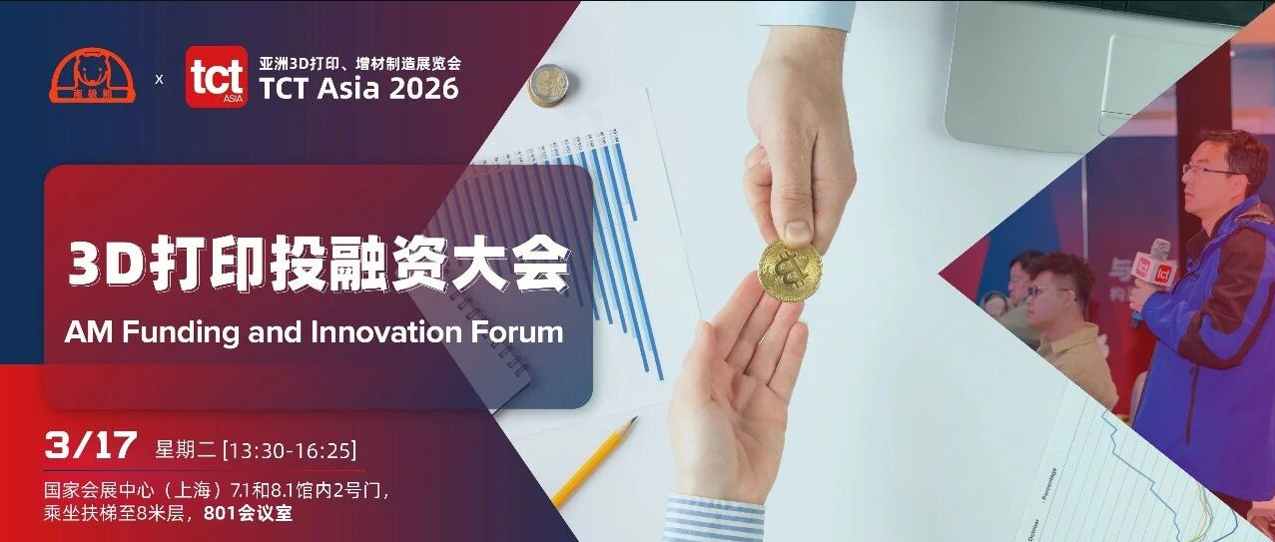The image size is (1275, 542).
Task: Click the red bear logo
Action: coord(92,77)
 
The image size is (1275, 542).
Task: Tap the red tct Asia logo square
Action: coord(216,77)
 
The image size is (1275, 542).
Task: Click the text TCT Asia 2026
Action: coord(358,89)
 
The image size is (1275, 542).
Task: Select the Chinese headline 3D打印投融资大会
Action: coord(319,266)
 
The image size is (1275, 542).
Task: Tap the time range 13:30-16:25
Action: coord(291,449)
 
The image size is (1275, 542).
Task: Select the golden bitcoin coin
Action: coord(790,270)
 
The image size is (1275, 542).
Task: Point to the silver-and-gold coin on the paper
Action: coord(547,85)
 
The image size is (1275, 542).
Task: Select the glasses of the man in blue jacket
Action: coord(1206,170)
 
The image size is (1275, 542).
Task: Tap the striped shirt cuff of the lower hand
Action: coord(714,519)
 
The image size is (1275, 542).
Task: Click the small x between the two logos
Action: coord(159,77)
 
